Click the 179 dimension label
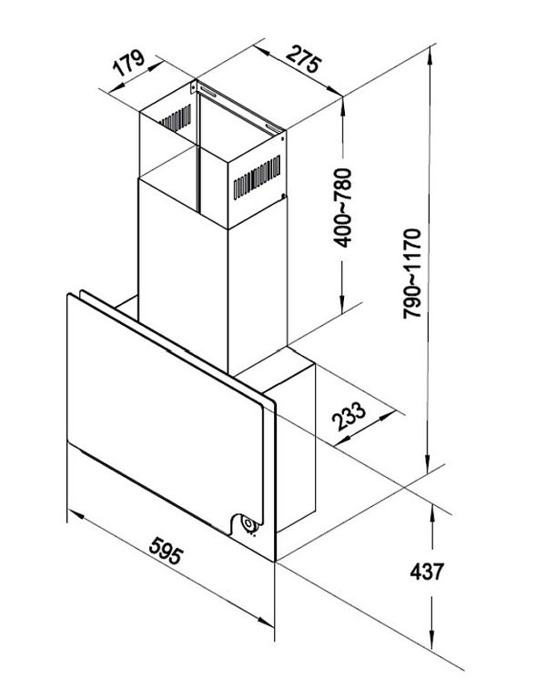128,63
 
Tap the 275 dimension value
303,58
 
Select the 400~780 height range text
343,208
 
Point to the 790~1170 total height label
411,273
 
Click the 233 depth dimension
349,416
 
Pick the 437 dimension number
427,572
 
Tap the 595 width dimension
166,551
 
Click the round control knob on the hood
248,524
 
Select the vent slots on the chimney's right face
257,177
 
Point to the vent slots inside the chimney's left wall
176,118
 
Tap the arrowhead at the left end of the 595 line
76,515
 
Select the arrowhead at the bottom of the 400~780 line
342,304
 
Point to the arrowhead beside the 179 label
155,66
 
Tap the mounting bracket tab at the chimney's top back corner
193,86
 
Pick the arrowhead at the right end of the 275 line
335,90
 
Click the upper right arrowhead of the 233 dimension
387,416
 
